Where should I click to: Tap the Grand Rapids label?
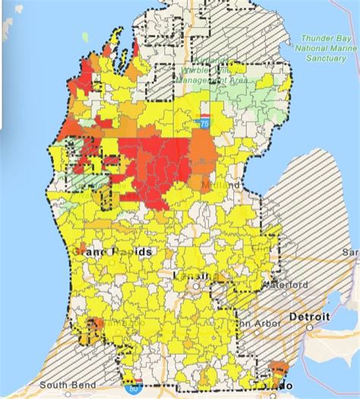click(112, 251)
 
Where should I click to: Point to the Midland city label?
click(225, 185)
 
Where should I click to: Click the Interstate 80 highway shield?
click(134, 388)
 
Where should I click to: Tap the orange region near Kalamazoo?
click(96, 328)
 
